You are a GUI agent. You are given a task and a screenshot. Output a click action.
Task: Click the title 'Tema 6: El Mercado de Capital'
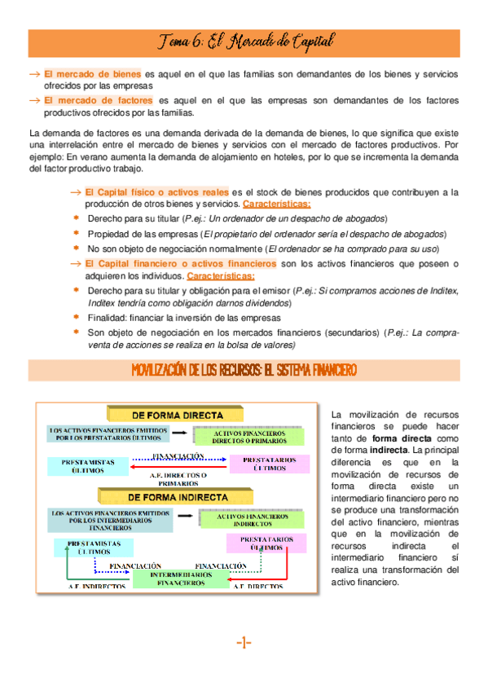[x=244, y=41]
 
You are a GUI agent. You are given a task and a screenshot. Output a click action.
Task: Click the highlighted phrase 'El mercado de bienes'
[x=92, y=73]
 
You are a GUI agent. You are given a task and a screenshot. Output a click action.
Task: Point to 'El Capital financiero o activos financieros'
[x=180, y=264]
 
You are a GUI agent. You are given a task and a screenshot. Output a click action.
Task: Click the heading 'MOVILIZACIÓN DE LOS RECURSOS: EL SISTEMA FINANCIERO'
[x=244, y=370]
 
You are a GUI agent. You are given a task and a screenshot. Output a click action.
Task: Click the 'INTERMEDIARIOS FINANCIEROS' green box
[x=181, y=579]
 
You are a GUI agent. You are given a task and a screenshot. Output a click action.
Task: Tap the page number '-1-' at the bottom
[x=244, y=643]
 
